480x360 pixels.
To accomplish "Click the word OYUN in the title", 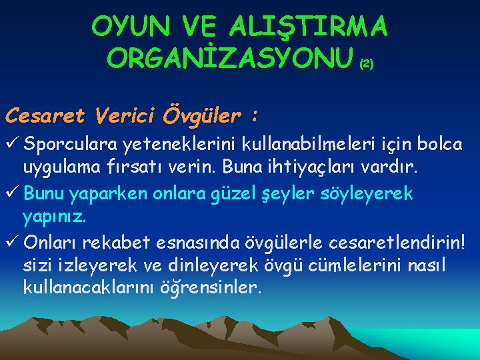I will click(x=126, y=27).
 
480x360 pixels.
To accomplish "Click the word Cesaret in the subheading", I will click(x=45, y=115).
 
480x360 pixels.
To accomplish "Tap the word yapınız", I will click(x=55, y=218).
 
